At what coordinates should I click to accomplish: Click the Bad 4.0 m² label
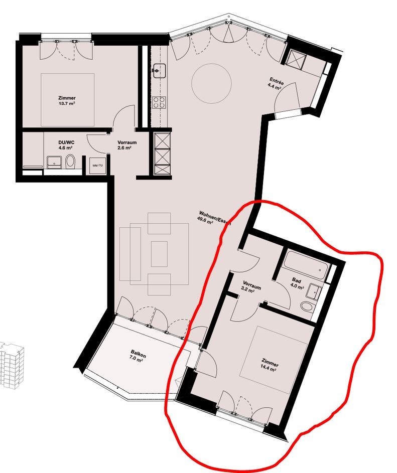(297, 284)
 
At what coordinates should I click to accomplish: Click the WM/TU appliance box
(98, 166)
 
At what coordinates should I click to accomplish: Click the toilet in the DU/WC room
(70, 162)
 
